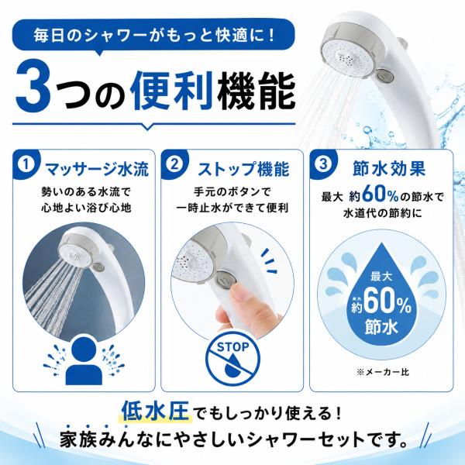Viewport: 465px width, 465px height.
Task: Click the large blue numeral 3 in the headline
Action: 33,91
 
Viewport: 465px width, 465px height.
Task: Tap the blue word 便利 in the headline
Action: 173,91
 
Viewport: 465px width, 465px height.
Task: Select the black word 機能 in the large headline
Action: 256,91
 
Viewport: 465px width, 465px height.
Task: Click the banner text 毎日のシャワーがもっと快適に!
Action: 154,36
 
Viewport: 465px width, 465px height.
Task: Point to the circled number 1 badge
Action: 26,164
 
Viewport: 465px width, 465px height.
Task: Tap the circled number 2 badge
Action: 174,164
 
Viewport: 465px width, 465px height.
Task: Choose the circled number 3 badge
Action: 323,164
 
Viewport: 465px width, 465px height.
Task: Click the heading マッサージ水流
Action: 97,170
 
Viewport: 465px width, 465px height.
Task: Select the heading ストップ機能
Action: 243,170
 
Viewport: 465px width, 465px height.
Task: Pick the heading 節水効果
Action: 389,169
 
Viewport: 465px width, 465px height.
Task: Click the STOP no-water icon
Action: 232,359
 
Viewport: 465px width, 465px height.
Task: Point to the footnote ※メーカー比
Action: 383,372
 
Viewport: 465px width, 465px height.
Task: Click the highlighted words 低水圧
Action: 156,411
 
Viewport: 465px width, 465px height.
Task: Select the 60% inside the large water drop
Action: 387,305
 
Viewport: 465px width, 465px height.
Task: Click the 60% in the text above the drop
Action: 381,195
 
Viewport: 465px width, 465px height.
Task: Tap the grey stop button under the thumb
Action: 226,279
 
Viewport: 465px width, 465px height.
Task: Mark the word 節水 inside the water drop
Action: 381,327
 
